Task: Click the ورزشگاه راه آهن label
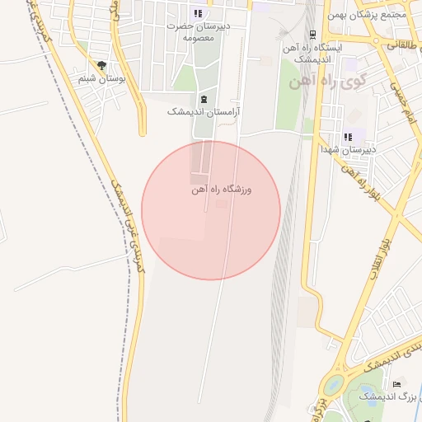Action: (x=221, y=190)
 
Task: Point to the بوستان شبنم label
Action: (x=101, y=78)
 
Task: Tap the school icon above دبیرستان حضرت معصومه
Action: (x=197, y=13)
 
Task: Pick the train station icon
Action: (x=312, y=35)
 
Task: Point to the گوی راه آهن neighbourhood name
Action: (x=316, y=83)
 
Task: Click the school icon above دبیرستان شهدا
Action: (x=348, y=136)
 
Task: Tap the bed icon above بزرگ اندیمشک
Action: (x=396, y=384)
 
